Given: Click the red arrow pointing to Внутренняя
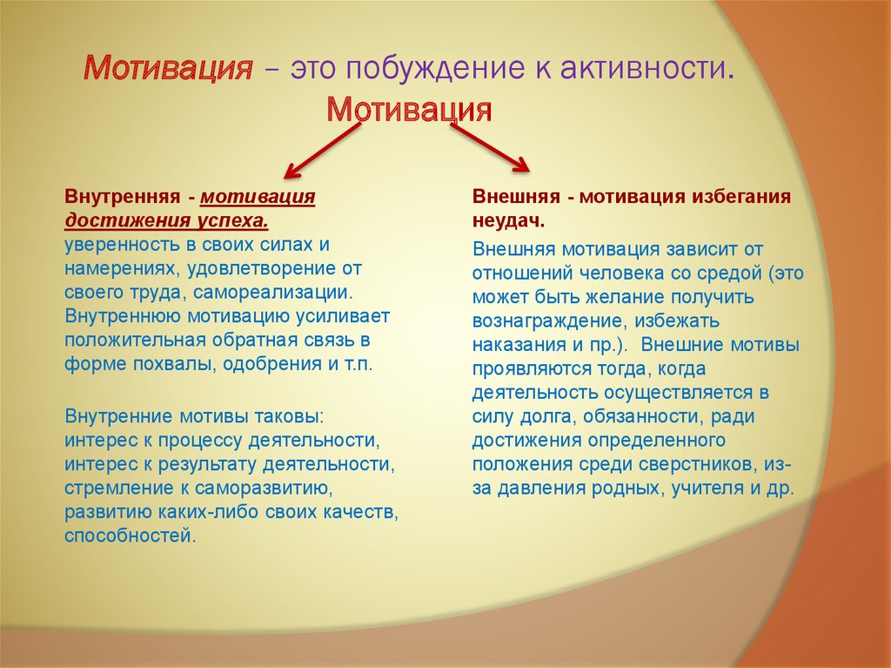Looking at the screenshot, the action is click(x=322, y=150).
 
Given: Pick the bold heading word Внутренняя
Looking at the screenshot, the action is click(x=122, y=196).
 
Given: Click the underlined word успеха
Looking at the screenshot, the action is click(x=233, y=220).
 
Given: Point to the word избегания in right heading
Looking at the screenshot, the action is click(x=741, y=196).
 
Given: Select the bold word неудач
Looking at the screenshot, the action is click(x=508, y=220).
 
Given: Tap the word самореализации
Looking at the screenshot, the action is click(x=272, y=292).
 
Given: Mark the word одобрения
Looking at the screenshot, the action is click(x=272, y=364).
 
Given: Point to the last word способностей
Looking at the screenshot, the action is click(x=130, y=536).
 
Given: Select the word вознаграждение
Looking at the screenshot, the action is click(x=549, y=321).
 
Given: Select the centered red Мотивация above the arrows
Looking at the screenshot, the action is click(x=409, y=109).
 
